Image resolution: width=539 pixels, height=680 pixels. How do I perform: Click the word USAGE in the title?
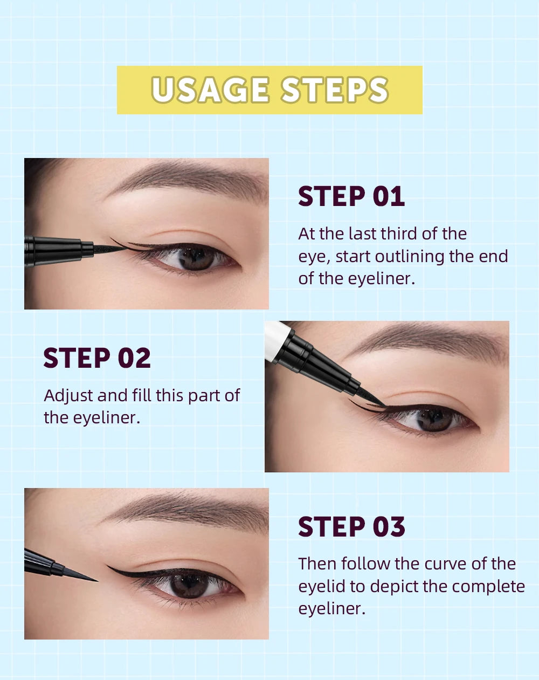tap(210, 90)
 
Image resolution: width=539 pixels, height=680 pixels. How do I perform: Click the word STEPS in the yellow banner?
tap(335, 90)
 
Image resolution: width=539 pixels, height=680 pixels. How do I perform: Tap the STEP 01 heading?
tap(351, 196)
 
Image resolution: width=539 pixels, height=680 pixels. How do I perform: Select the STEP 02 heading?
tap(97, 358)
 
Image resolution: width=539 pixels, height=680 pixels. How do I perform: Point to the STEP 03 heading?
tap(351, 527)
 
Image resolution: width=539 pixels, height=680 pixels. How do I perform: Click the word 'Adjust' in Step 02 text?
tap(68, 396)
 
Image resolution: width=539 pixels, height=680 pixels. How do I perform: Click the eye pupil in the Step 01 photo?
tap(196, 257)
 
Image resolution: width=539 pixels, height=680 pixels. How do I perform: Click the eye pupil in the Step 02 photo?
tap(434, 418)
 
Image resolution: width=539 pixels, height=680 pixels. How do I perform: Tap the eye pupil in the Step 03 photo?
tap(189, 585)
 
